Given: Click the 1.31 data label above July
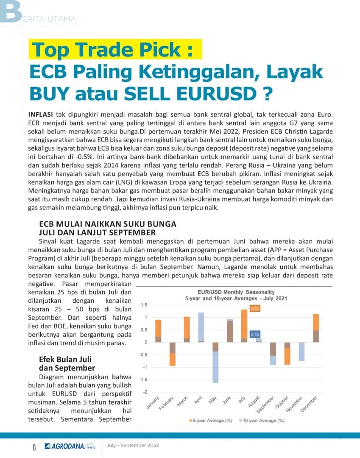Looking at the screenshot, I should pos(255,309).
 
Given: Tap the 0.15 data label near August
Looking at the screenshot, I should pos(255,335).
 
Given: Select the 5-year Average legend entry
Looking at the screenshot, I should pos(211,420).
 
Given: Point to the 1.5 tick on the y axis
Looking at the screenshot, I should pos(144,305).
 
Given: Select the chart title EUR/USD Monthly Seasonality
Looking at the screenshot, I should pos(236,292).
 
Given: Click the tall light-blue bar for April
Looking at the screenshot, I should pos(201,327).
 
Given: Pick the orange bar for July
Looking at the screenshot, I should pos(244,324).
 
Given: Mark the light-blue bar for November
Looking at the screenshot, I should pos(301,352).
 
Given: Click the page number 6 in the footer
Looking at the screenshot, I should pos(34,447).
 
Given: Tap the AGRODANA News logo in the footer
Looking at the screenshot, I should pos(70,446).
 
